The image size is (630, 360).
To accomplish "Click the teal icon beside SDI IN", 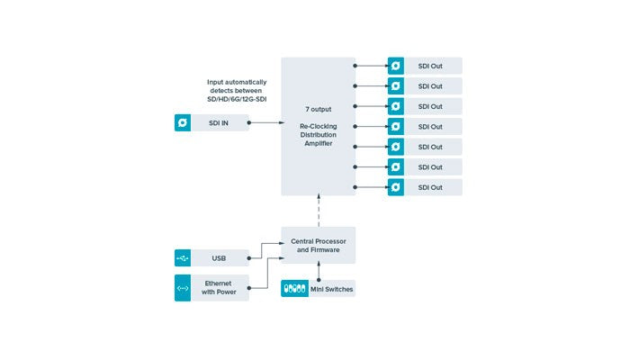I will point(183,122).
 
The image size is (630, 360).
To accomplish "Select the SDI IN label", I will point(219,122).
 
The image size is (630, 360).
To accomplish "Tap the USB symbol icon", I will point(183,259).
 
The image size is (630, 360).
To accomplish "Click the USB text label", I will point(219,259).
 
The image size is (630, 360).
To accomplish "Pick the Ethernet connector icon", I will point(183,288).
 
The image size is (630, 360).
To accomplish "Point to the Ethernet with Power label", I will point(219,288).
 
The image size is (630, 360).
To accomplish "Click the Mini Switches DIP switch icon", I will point(294,288).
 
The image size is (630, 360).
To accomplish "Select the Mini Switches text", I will point(330,288).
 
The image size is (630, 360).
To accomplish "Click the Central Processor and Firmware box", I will point(318,246).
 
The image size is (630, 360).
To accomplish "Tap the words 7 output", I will point(318,107).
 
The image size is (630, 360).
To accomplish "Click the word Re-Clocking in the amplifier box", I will point(318,128).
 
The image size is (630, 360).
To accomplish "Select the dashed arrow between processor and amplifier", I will point(318,211).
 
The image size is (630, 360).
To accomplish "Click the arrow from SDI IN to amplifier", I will point(265,122).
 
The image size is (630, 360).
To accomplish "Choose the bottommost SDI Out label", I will point(430,187).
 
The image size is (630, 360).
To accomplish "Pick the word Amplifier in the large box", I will point(318,146).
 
